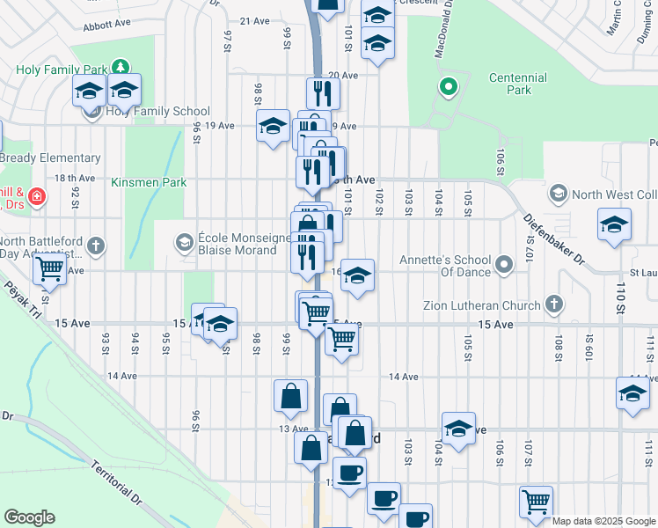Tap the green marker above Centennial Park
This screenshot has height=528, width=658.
coord(448,87)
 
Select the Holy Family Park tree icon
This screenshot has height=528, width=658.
coord(120,68)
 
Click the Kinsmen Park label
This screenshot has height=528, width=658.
coord(149,183)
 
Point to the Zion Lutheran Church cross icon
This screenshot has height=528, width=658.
coord(552,304)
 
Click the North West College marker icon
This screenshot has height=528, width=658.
coord(557,193)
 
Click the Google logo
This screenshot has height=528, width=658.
coord(30,517)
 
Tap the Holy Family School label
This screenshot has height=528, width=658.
coord(157,112)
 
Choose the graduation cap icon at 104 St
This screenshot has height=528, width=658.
coord(458,428)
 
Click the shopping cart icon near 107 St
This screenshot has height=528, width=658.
coord(536,502)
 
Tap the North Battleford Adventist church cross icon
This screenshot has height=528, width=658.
coord(95,246)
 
